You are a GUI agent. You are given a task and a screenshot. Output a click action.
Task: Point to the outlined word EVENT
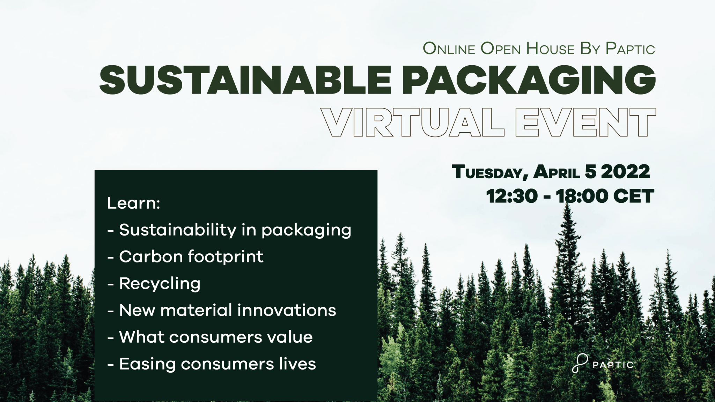click(x=585, y=122)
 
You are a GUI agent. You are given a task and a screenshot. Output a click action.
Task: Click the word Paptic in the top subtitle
click(x=630, y=49)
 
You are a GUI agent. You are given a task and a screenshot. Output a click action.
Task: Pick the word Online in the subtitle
click(x=449, y=49)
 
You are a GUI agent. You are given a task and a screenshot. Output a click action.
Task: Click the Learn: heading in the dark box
click(x=133, y=203)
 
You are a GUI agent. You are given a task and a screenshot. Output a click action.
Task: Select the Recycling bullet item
click(x=160, y=284)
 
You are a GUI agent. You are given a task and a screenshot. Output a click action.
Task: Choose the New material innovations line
click(x=227, y=310)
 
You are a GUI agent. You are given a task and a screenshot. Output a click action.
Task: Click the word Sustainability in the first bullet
click(x=178, y=230)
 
